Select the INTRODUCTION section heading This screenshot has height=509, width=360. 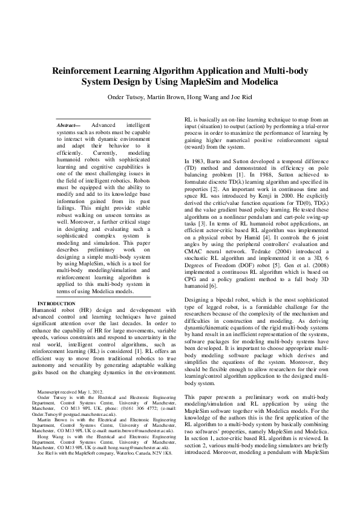[57, 303]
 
